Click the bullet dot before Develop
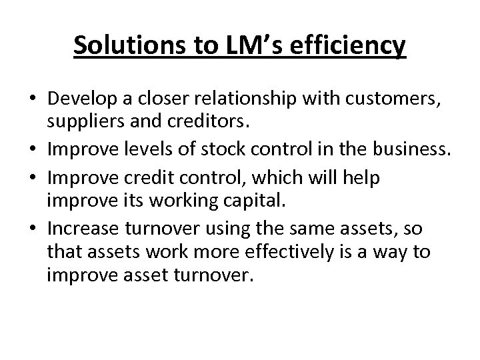pos(33,101)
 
